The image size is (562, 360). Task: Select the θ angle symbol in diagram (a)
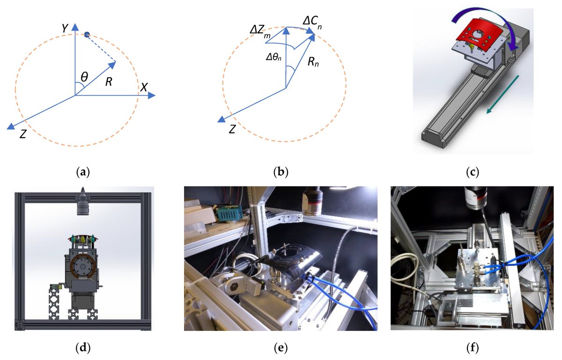[84, 76]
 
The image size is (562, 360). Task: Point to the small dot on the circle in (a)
[87, 34]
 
